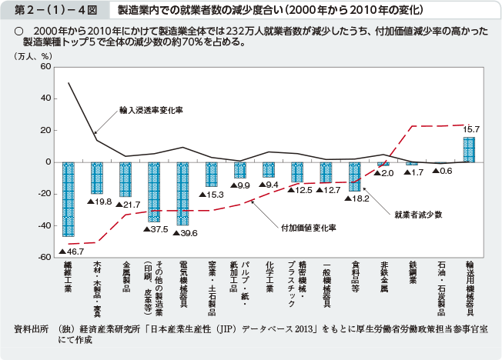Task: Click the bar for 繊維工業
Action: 68,198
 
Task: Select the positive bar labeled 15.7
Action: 469,149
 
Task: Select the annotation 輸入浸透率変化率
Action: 151,110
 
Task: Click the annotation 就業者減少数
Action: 417,215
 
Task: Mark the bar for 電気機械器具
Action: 182,194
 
